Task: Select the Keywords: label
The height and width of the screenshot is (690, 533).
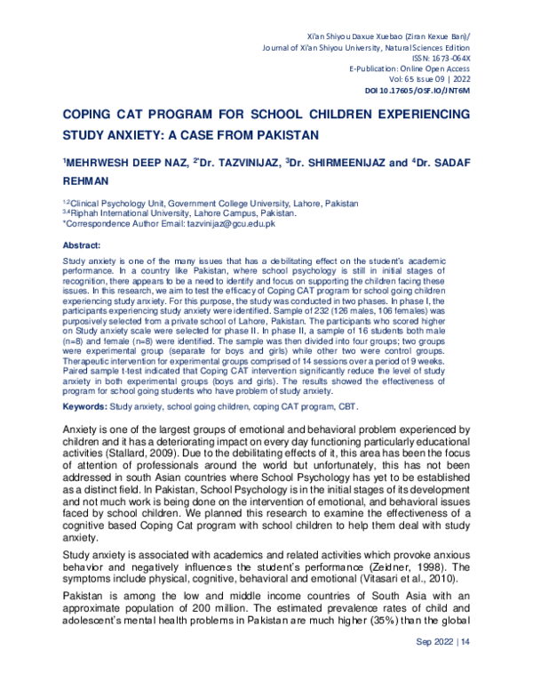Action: click(x=86, y=406)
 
